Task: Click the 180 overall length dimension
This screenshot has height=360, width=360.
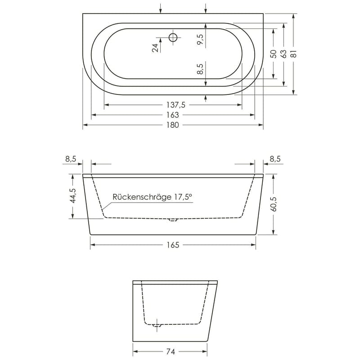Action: pyautogui.click(x=172, y=125)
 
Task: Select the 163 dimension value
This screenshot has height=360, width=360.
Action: pyautogui.click(x=172, y=115)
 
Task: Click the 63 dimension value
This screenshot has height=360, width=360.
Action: pyautogui.click(x=283, y=54)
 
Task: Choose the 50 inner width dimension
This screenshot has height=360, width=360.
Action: pyautogui.click(x=273, y=54)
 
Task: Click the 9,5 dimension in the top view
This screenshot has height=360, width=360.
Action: pyautogui.click(x=201, y=40)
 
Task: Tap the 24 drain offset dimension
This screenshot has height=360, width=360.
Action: pyautogui.click(x=156, y=48)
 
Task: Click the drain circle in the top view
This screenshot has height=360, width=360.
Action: pyautogui.click(x=173, y=37)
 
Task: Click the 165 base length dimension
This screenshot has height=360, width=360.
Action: pyautogui.click(x=172, y=245)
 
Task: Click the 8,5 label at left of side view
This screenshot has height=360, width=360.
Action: pyautogui.click(x=71, y=158)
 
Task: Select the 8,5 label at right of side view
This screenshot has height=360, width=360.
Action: pyautogui.click(x=275, y=158)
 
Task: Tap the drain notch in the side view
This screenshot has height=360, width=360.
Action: pyautogui.click(x=173, y=220)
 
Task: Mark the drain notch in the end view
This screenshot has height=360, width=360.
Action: pyautogui.click(x=157, y=324)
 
